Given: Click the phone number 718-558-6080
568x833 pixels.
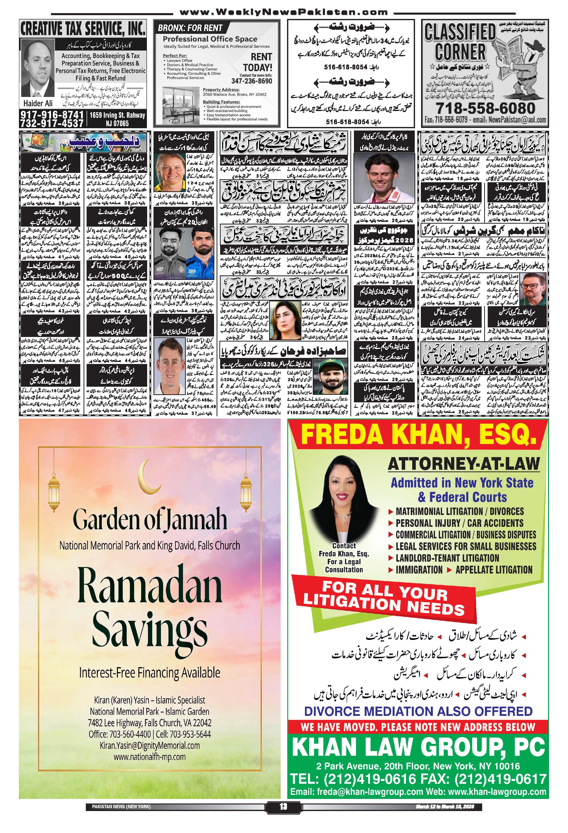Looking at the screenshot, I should click(486, 108).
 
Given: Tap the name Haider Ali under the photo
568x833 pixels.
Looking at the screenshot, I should click(38, 103).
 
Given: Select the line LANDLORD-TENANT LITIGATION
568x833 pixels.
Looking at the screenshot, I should click(447, 558).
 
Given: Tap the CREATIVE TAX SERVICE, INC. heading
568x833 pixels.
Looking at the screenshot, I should click(83, 29).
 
